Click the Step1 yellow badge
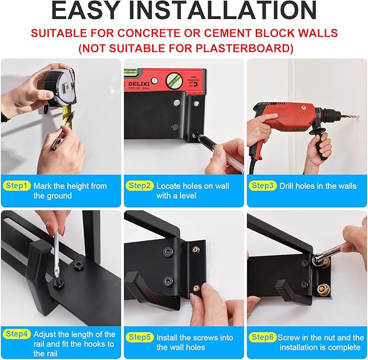click(x=17, y=186)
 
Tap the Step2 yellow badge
click(x=140, y=186)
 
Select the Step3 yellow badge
click(x=263, y=186)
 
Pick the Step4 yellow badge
click(x=17, y=334)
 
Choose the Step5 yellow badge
click(x=140, y=337)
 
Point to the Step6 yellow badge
click(x=263, y=337)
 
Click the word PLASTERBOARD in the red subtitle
click(x=235, y=48)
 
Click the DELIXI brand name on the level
click(x=138, y=84)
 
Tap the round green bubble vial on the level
click(x=174, y=80)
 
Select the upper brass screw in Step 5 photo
click(x=195, y=250)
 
